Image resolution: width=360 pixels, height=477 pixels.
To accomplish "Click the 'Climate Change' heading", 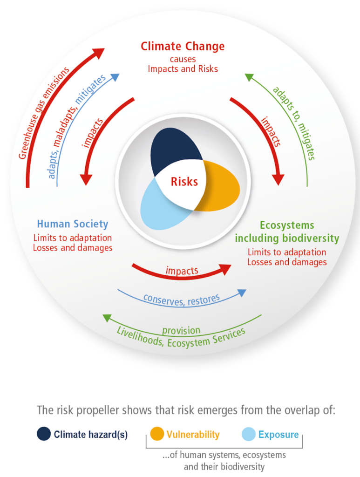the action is pos(183,47).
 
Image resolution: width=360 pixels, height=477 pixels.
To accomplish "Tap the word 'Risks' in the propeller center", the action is pos(184,182).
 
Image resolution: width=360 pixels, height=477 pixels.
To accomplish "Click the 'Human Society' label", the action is pos(73,224).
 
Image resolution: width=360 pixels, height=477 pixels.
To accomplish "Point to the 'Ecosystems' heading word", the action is pos(287,225).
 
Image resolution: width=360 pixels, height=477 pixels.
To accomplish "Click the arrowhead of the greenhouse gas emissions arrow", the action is pos(98,53).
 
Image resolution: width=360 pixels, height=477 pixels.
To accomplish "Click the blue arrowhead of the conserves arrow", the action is pos(242,293).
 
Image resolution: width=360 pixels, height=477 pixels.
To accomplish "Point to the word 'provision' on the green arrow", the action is pos(181,330).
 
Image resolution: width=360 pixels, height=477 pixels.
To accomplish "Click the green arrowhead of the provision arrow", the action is pos(107,318).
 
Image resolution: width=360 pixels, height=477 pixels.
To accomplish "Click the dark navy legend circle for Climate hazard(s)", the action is pos(44,434).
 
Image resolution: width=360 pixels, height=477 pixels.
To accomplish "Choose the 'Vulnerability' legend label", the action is pos(193,435).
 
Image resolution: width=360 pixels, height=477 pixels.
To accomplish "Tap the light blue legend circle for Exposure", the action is pos(248,434).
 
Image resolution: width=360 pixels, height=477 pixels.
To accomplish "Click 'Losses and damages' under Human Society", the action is pos(73,248).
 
